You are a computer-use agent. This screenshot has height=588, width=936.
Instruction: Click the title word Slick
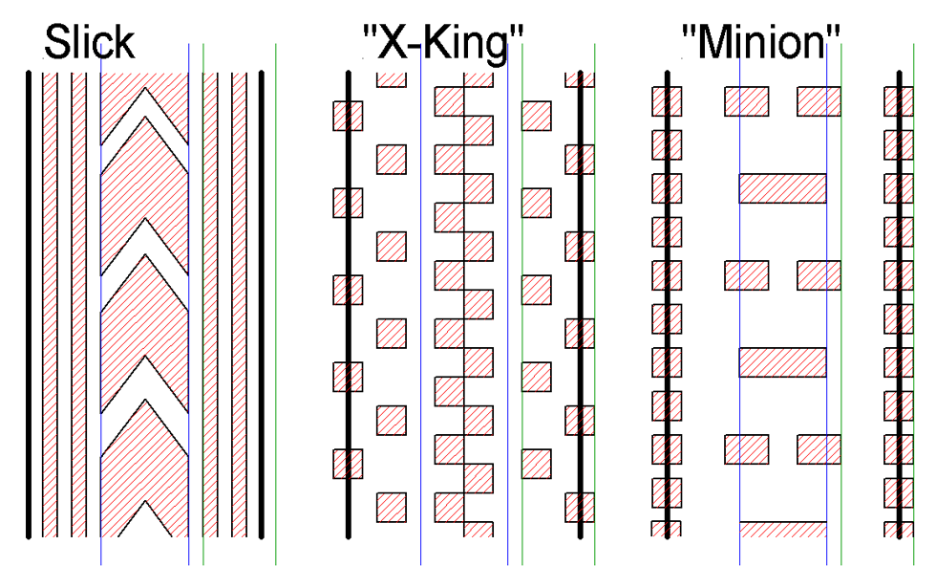click(90, 42)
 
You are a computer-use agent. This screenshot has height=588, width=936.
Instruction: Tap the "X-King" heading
click(443, 43)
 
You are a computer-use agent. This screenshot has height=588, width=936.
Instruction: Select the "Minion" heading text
click(760, 42)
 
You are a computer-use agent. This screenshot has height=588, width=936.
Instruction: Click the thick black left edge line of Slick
click(28, 305)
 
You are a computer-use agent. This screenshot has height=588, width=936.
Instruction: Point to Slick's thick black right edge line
click(261, 305)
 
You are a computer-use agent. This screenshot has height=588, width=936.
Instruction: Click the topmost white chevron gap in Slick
click(144, 117)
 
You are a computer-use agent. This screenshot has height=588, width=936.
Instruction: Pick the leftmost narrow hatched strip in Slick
click(50, 305)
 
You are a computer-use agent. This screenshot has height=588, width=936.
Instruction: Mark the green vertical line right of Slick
click(275, 304)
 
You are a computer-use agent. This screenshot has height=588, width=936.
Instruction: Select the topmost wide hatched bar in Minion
click(782, 188)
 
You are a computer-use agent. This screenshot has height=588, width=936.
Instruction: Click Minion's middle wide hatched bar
click(782, 362)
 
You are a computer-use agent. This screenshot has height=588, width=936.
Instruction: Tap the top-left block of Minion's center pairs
click(746, 101)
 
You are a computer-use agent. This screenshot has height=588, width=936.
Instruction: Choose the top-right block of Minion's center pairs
click(819, 101)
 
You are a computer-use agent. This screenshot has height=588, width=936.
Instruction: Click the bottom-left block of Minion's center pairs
click(746, 449)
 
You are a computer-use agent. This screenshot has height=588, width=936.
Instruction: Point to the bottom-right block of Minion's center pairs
click(819, 449)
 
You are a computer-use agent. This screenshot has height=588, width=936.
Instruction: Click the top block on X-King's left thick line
click(348, 116)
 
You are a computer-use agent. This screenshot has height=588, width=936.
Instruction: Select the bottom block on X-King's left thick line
click(348, 464)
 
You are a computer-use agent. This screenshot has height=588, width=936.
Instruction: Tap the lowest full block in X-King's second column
click(391, 508)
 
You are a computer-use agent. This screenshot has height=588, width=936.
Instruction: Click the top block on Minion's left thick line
click(667, 101)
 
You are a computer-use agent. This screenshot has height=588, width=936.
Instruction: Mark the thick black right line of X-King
click(580, 305)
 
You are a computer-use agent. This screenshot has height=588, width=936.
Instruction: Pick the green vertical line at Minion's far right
click(913, 304)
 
